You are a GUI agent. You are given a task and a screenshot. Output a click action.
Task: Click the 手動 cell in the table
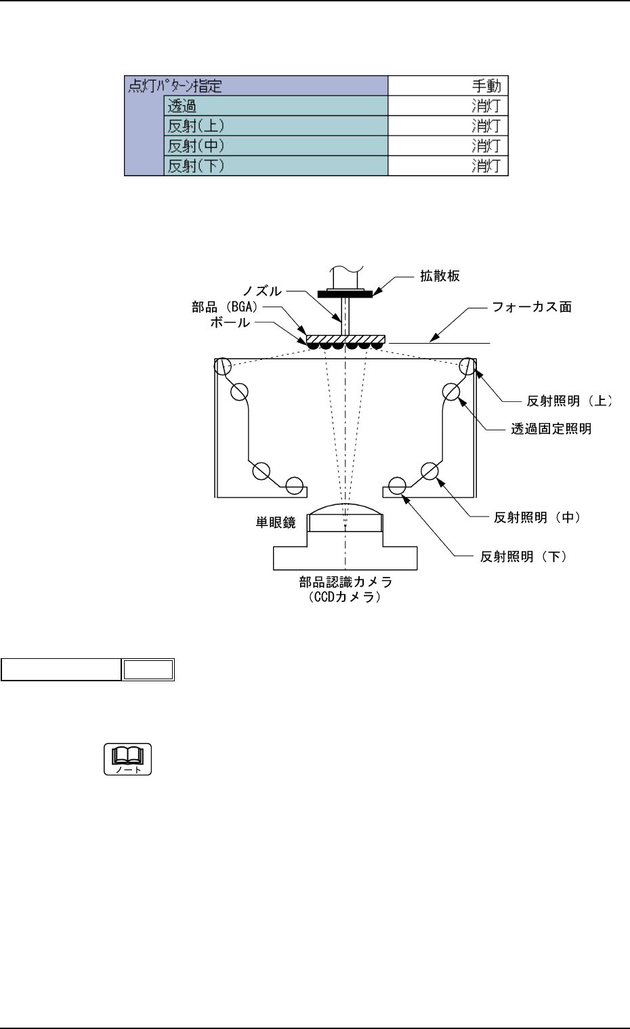[x=486, y=86]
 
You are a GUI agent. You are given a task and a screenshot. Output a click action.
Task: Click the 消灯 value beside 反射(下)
[x=486, y=166]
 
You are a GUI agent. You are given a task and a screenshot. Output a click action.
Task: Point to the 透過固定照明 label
[x=551, y=429]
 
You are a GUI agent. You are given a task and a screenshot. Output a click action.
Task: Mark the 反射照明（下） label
[x=523, y=557]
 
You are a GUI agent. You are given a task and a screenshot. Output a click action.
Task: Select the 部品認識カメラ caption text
[x=345, y=582]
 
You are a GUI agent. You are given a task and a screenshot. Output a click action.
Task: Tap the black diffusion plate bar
[x=344, y=294]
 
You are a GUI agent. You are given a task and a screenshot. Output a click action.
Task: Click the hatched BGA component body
[x=345, y=338]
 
